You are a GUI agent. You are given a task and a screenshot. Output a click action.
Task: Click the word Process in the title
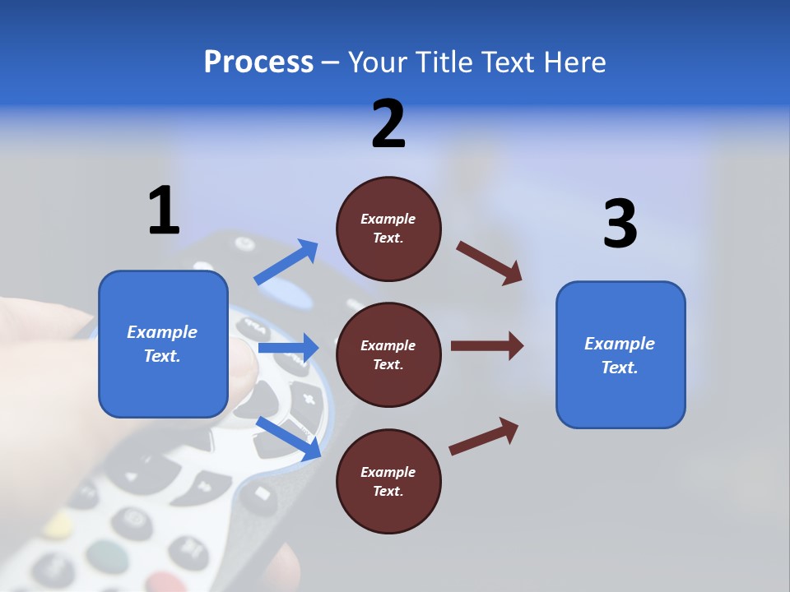tap(258, 62)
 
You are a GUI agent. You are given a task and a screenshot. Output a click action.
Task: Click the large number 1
tap(164, 210)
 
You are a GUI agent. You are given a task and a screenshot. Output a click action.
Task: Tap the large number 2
tap(388, 124)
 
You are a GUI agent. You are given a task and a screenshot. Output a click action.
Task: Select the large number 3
tap(620, 224)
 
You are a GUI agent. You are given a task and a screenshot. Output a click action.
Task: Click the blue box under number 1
tap(163, 344)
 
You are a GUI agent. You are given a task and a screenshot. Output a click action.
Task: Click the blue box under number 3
tap(620, 354)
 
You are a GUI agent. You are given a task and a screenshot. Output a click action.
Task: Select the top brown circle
tap(388, 229)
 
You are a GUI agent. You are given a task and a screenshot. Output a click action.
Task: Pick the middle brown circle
tap(388, 354)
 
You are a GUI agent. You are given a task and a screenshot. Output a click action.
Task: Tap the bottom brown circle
tap(388, 481)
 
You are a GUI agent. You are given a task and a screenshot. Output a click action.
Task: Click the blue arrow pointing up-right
tap(286, 262)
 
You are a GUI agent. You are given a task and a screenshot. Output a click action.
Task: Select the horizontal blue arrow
tap(288, 348)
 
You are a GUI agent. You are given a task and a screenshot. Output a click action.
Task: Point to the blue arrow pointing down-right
tap(288, 437)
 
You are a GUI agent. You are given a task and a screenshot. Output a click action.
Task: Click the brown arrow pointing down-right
tap(490, 263)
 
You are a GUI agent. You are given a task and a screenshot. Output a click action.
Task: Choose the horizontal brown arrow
tap(486, 345)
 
